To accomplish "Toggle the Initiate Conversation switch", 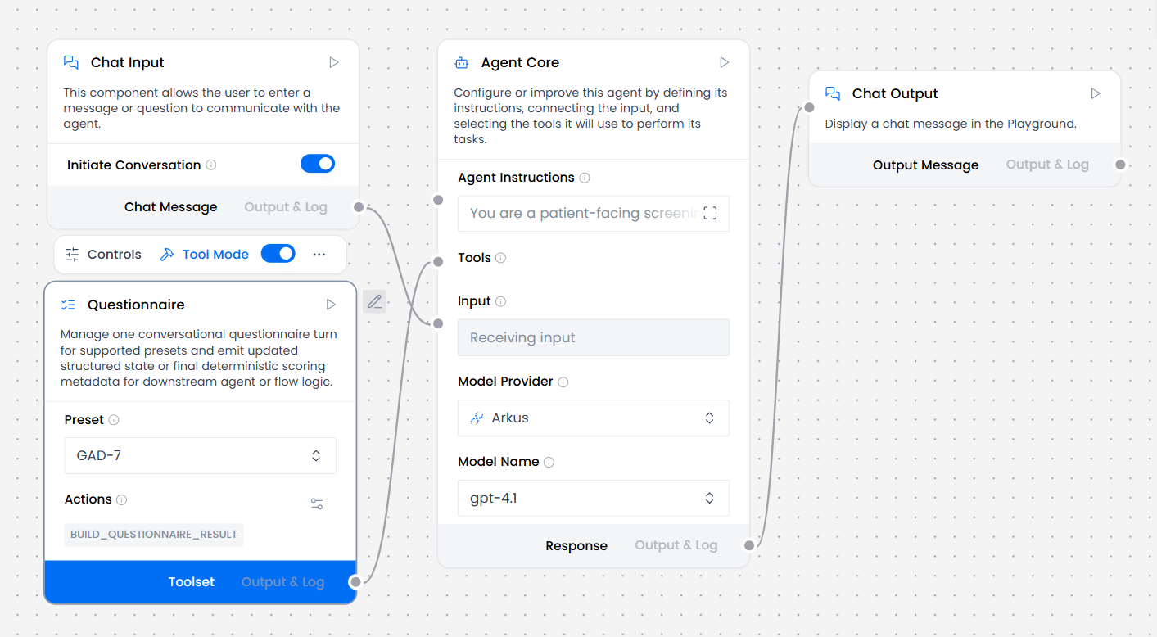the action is pyautogui.click(x=318, y=164).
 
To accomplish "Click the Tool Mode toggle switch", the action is pyautogui.click(x=278, y=254).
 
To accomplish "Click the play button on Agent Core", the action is pyautogui.click(x=724, y=62).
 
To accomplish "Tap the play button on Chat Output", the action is pyautogui.click(x=1095, y=93).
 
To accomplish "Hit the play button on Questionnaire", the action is pyautogui.click(x=331, y=305).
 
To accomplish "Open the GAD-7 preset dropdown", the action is pyautogui.click(x=200, y=455).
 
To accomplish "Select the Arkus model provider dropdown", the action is pyautogui.click(x=594, y=418).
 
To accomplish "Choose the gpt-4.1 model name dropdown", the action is pyautogui.click(x=594, y=498).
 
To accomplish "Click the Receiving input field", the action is pyautogui.click(x=594, y=337).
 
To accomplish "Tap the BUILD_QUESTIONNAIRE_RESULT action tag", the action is pyautogui.click(x=153, y=534).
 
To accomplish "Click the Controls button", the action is pyautogui.click(x=103, y=254).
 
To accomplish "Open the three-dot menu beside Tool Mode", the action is pyautogui.click(x=319, y=254).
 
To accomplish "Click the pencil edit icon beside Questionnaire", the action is pyautogui.click(x=375, y=301).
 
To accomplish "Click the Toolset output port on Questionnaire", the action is pyautogui.click(x=355, y=581).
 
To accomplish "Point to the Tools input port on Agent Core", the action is pyautogui.click(x=438, y=261).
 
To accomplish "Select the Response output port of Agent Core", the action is pyautogui.click(x=749, y=545).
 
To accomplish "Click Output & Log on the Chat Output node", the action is pyautogui.click(x=1047, y=165).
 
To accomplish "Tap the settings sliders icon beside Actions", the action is pyautogui.click(x=317, y=504).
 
